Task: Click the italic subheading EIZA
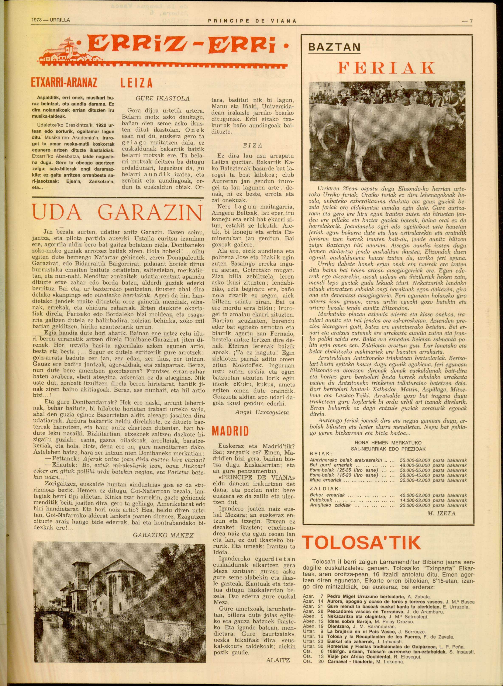click(x=253, y=146)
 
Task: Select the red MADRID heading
click(x=230, y=431)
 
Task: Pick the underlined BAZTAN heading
click(x=334, y=48)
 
